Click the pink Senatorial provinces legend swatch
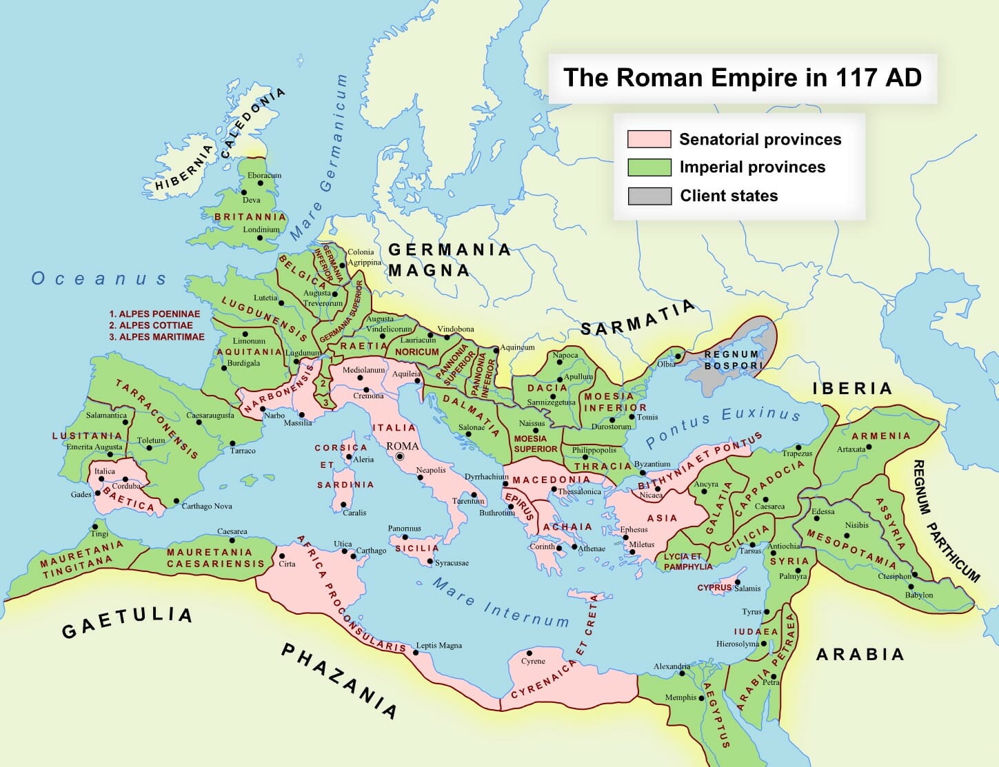pos(649,139)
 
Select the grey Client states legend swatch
pos(649,196)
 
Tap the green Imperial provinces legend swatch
pos(649,167)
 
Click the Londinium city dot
pos(260,238)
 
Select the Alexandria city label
pos(672,666)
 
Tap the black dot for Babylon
pos(911,586)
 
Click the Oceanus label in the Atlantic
pos(99,278)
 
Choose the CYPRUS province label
pos(714,588)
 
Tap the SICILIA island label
pos(416,548)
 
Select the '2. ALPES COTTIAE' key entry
pos(150,325)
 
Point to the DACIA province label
pos(547,389)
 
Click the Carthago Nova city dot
pos(176,501)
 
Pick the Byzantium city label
pos(652,464)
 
